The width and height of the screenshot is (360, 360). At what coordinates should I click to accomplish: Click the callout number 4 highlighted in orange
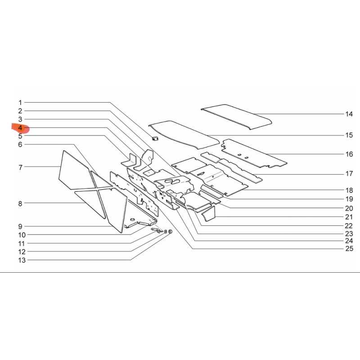[20, 128]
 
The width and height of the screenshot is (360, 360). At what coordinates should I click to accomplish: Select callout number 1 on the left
[20, 103]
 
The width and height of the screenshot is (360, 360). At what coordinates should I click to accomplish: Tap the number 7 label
[20, 167]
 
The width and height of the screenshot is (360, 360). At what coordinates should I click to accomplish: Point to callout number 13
[22, 260]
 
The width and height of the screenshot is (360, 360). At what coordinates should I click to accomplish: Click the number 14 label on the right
[349, 114]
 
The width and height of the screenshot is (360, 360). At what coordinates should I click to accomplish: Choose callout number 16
[349, 154]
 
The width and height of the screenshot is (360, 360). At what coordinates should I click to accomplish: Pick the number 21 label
[349, 217]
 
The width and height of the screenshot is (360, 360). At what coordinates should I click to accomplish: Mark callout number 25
[349, 249]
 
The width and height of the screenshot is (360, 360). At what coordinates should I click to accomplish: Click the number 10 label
[22, 235]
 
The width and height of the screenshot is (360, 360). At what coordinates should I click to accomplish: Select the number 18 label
[349, 190]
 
